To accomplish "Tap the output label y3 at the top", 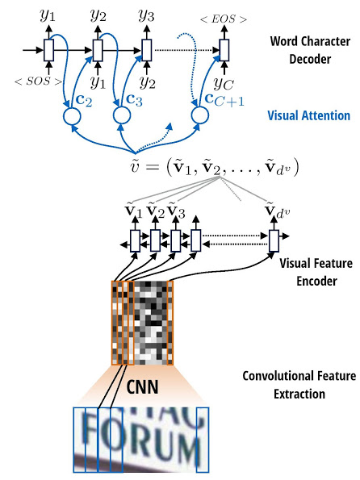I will point(146,15).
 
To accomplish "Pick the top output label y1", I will point(49,15).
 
